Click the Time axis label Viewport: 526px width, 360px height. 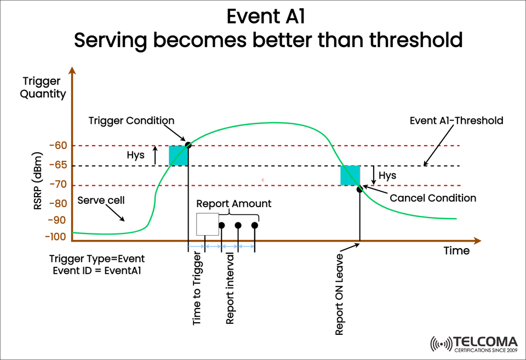[x=456, y=250]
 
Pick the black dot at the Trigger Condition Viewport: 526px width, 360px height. [x=188, y=145]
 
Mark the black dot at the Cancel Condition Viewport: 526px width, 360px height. [x=359, y=189]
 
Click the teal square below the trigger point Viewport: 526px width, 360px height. [x=179, y=156]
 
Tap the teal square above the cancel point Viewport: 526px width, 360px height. [x=350, y=175]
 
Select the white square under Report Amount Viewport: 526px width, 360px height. [x=208, y=225]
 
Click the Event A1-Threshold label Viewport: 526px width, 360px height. [x=456, y=121]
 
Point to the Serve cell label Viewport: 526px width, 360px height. [x=101, y=200]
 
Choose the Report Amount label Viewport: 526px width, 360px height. [x=234, y=203]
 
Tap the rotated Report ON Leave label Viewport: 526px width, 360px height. [x=340, y=294]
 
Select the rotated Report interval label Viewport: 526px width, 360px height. [x=230, y=289]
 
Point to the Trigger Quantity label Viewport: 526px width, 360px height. [x=43, y=88]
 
